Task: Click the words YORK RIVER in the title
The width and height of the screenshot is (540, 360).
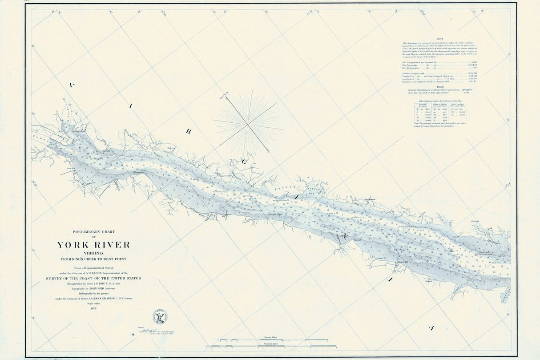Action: pyautogui.click(x=93, y=245)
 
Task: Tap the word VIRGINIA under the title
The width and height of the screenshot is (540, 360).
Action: pyautogui.click(x=93, y=253)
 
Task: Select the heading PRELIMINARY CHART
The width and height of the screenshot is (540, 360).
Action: pyautogui.click(x=93, y=232)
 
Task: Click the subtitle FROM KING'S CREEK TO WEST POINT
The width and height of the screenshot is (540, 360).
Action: pyautogui.click(x=93, y=259)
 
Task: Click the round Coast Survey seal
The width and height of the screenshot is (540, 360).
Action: pyautogui.click(x=160, y=316)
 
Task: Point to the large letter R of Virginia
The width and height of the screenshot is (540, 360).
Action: pyautogui.click(x=188, y=131)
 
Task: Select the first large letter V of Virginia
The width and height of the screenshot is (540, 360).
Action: pyautogui.click(x=71, y=85)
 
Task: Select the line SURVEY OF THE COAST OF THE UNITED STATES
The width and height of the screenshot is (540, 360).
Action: pyautogui.click(x=93, y=278)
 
